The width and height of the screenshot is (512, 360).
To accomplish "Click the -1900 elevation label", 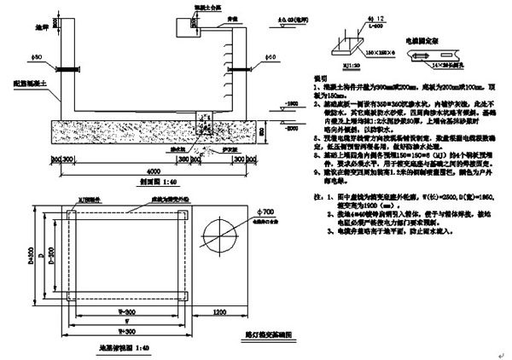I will click(x=290, y=102).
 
